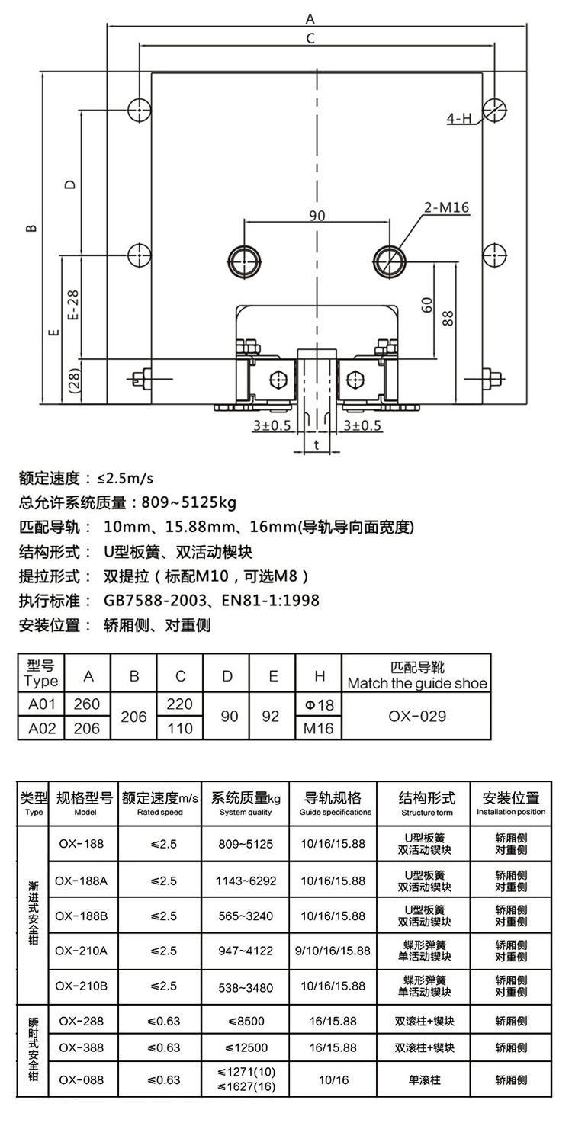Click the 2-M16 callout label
coord(446,207)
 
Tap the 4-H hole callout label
coord(459,118)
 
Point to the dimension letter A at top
coord(310,18)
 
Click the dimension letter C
coord(310,38)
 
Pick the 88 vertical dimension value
coord(447,318)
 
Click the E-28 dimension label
coord(73,305)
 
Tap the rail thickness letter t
coord(317,444)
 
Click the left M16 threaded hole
coord(245,261)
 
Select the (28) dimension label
coord(73,381)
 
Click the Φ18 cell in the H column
coord(319,704)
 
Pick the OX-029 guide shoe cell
coord(417,716)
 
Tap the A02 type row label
coord(42,728)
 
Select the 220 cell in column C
coord(179,704)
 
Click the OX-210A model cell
coord(82,951)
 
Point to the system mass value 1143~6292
coord(246,881)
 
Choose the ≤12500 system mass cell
coord(246,1047)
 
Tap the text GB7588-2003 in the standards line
coord(155,600)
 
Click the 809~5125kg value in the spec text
coord(188,502)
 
